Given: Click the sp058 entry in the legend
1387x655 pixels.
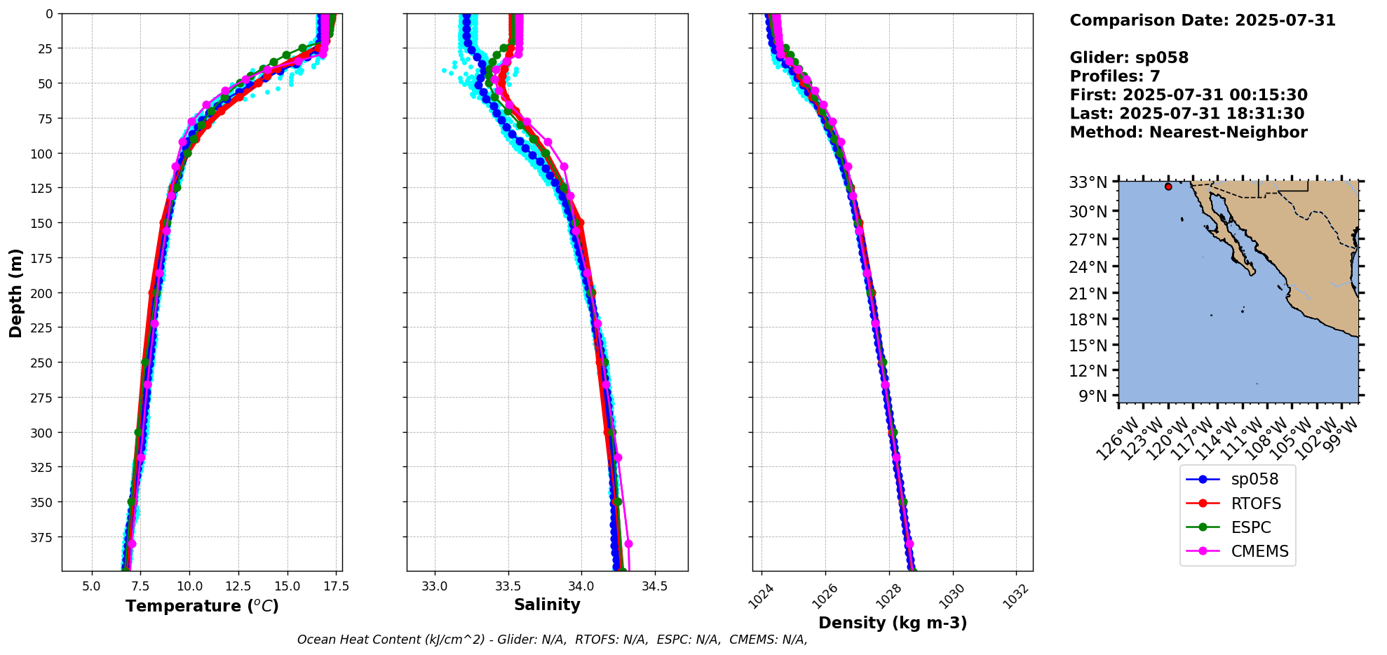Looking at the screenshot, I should (1254, 480).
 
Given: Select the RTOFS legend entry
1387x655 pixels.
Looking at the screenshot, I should (1255, 504).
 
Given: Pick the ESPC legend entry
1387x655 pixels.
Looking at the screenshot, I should (1250, 527).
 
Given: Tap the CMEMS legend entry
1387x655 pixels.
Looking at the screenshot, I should (1259, 551).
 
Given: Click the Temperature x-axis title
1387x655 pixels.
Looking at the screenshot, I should (202, 606).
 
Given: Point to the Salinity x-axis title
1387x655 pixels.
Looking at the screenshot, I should (547, 605).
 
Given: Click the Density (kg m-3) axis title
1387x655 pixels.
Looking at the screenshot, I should (893, 623).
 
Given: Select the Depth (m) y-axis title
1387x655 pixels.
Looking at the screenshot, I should (15, 292).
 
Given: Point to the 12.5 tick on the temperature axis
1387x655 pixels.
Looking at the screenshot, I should (238, 586).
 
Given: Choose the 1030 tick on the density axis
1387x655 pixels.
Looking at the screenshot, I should (952, 595).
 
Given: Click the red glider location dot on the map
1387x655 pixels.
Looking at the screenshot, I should (1168, 187).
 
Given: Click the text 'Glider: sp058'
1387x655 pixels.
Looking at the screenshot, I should (1129, 58).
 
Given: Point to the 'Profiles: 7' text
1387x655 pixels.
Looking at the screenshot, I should (1115, 76).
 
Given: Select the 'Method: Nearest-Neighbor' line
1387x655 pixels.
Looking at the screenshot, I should (1189, 133).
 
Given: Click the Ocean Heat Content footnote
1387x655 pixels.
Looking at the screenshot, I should (552, 640).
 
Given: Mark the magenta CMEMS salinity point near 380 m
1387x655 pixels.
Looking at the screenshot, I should (628, 543).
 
